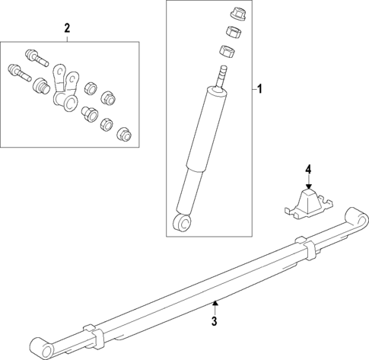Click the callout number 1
pos(259,90)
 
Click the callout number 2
pos(67,28)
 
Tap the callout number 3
pos(215,322)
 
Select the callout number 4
pos(308,168)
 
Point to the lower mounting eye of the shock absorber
pos(181,221)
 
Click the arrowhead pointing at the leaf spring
pos(215,304)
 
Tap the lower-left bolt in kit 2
pos(17,75)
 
